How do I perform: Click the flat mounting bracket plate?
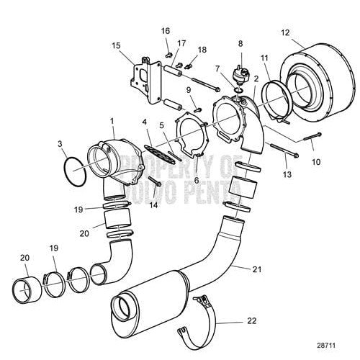(143, 76)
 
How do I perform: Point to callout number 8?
(240, 45)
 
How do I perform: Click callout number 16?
(166, 32)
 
